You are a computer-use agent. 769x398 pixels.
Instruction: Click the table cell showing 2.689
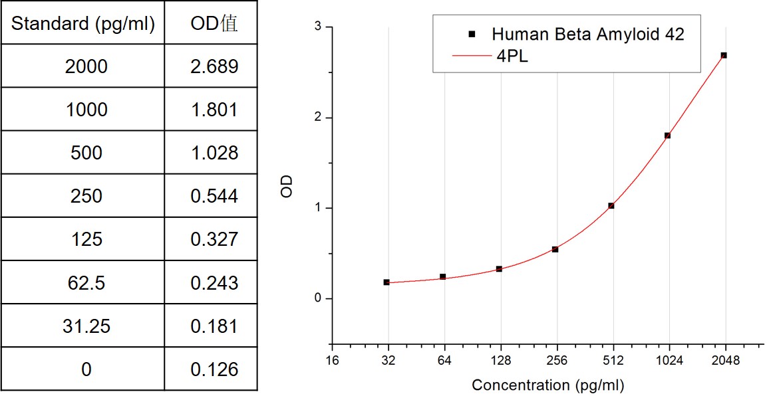(x=214, y=66)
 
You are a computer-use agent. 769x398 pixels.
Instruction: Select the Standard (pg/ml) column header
(x=83, y=24)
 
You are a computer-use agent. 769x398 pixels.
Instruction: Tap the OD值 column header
(x=214, y=24)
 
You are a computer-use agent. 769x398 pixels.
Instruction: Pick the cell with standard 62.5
(x=86, y=282)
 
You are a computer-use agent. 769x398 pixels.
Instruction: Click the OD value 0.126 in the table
(x=214, y=369)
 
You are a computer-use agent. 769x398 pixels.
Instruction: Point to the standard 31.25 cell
(x=86, y=326)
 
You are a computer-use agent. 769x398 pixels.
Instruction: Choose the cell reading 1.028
(x=214, y=153)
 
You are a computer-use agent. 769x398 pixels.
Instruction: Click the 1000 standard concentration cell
(x=86, y=110)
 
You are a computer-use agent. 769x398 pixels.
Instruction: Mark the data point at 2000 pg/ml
(x=724, y=55)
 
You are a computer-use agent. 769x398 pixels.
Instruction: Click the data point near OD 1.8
(x=667, y=136)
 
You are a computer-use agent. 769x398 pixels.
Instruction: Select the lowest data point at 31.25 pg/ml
(x=386, y=282)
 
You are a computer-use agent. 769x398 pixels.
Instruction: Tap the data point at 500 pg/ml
(x=611, y=206)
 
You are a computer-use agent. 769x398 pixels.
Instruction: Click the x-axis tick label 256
(x=556, y=361)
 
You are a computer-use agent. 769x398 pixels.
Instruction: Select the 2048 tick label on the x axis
(x=726, y=361)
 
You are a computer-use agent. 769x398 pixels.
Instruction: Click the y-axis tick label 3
(x=319, y=27)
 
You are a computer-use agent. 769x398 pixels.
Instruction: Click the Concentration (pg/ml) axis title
(x=547, y=385)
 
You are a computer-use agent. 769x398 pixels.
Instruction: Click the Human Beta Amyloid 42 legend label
(x=588, y=34)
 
